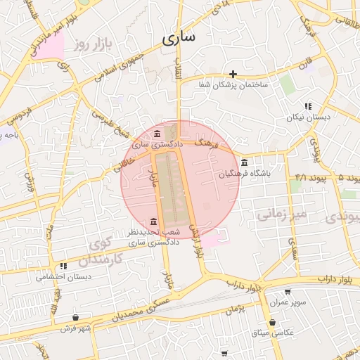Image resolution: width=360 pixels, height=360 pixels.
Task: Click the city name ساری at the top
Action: pyautogui.click(x=178, y=38)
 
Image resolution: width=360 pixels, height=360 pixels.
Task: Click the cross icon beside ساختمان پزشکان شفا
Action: pyautogui.click(x=233, y=73)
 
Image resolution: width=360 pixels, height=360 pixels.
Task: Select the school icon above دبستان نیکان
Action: pyautogui.click(x=308, y=106)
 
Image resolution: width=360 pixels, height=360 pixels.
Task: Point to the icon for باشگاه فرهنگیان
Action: pyautogui.click(x=244, y=162)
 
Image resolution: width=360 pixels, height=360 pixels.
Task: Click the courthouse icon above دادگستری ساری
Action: pyautogui.click(x=156, y=134)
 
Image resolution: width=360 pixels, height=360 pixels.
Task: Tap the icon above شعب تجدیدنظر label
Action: pyautogui.click(x=154, y=222)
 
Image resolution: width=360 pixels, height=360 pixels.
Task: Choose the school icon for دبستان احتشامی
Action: pyautogui.click(x=63, y=266)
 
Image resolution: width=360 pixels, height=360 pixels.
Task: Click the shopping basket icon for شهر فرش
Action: pyautogui.click(x=75, y=317)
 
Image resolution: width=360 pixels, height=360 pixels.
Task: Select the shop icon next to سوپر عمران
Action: pyautogui.click(x=287, y=292)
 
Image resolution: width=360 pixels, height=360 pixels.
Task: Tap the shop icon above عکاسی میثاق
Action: pyautogui.click(x=272, y=322)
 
